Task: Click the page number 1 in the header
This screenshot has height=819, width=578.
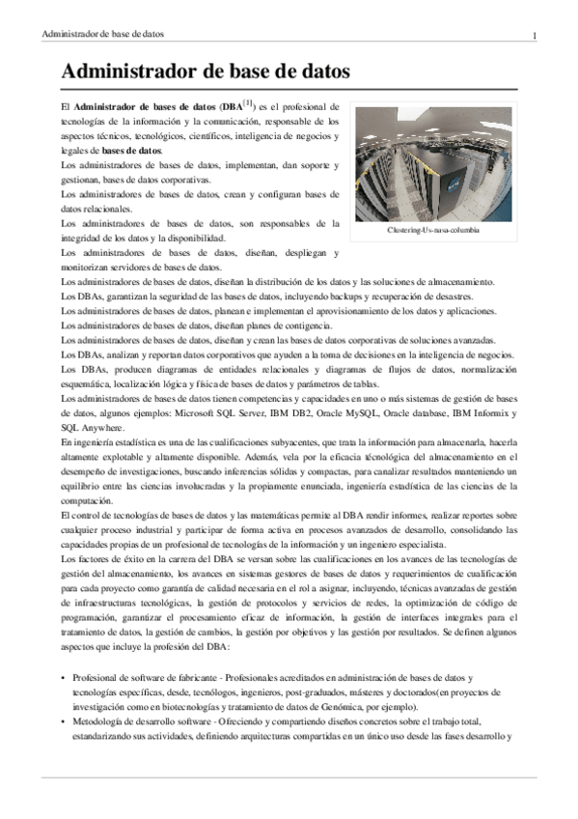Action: (533, 36)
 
